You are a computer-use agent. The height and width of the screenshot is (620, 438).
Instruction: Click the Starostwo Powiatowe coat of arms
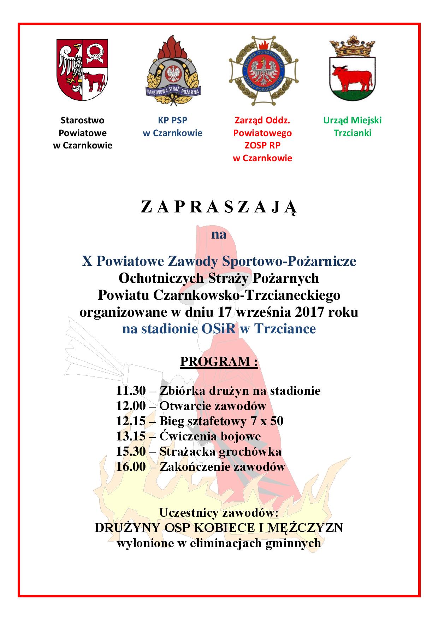[82, 71]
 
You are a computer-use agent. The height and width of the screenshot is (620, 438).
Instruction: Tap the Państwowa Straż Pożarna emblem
[173, 71]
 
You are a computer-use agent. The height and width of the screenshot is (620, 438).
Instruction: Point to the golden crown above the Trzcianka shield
[352, 48]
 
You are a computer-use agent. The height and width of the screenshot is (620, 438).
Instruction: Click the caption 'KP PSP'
[172, 120]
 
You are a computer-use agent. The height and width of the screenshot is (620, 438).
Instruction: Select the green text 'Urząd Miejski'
[352, 120]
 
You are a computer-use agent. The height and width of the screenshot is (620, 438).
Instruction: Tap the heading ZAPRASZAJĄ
[219, 207]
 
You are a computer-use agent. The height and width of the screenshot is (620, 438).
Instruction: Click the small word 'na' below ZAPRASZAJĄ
[219, 234]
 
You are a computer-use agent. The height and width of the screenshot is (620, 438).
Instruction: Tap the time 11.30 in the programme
[131, 391]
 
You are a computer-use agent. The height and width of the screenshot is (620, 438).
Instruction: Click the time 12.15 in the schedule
[131, 421]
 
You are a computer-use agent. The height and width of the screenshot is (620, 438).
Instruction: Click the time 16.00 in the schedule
[131, 467]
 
